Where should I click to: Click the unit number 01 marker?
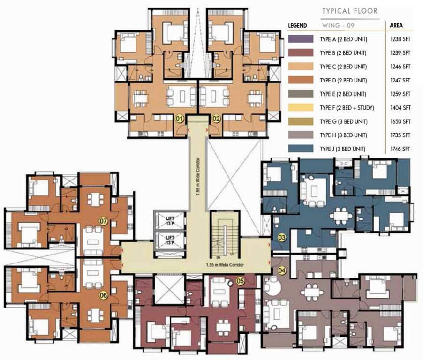click(x=179, y=119)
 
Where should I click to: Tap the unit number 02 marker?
click(x=216, y=119)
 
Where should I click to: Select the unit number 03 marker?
click(x=282, y=238)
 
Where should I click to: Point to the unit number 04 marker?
click(x=282, y=270)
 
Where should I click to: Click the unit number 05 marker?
click(x=240, y=282)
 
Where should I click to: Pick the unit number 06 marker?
click(x=103, y=295)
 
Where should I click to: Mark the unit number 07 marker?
click(x=103, y=220)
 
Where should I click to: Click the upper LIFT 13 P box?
click(x=170, y=221)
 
